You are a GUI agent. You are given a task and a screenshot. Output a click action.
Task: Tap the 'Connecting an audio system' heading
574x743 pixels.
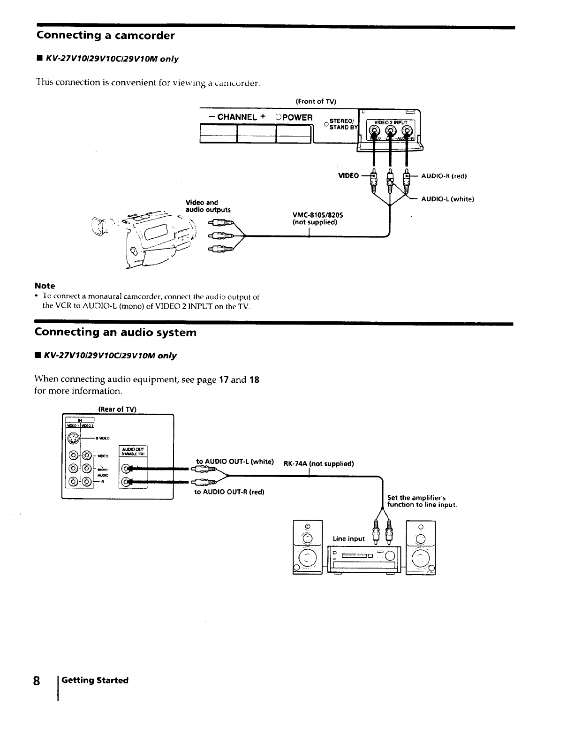(x=115, y=333)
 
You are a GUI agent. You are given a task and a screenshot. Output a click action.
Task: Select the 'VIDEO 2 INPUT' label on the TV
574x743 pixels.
(x=391, y=123)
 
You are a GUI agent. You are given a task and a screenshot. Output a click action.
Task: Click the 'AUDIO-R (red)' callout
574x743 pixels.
(x=444, y=176)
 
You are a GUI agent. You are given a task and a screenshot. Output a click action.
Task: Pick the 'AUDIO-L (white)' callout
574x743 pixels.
(x=447, y=199)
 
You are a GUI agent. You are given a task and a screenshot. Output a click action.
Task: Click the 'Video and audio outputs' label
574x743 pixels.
(x=208, y=206)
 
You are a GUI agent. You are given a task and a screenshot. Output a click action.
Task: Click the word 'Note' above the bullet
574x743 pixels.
(x=45, y=286)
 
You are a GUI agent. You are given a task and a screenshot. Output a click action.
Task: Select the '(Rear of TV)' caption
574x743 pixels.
(x=117, y=409)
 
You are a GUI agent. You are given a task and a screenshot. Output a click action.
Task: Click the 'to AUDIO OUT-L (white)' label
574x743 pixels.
(x=235, y=462)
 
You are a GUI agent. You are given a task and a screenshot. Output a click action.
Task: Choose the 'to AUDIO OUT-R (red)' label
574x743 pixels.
(x=229, y=492)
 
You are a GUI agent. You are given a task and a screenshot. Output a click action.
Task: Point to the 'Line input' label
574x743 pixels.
(x=348, y=538)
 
